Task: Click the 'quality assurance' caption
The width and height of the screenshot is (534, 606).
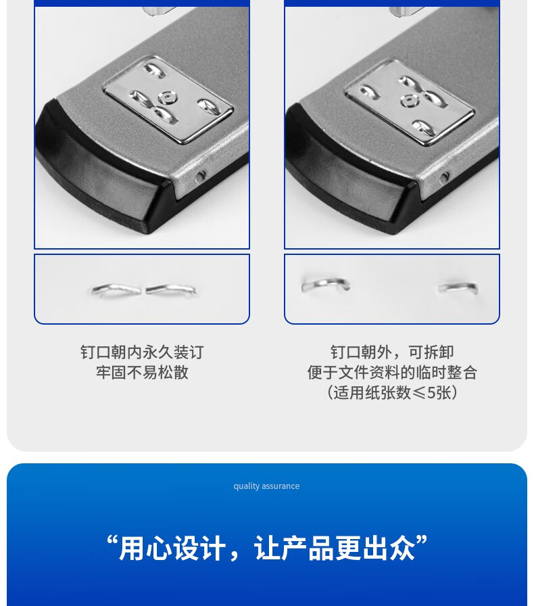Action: point(266,486)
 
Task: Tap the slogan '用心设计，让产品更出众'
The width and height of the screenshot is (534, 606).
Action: point(267,548)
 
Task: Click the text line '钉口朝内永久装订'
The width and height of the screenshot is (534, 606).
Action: point(142,352)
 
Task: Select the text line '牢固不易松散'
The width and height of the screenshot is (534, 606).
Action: point(142,372)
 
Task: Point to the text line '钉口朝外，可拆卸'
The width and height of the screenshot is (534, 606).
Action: point(392,352)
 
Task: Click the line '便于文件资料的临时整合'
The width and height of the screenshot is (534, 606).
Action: point(392,372)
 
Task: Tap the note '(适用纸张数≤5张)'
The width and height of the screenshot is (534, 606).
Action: point(392,392)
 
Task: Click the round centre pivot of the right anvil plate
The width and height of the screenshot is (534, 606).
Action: point(409,100)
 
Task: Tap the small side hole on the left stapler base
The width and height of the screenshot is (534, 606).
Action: point(199,177)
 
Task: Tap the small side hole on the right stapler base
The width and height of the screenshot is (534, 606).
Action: point(444,177)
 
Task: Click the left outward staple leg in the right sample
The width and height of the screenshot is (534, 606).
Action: point(326,285)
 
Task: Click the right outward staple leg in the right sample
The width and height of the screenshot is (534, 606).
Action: point(458,287)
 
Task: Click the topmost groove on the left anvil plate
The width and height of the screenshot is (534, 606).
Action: point(155,70)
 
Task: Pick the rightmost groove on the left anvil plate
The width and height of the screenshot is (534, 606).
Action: point(209,106)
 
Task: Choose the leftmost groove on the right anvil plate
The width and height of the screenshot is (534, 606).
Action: point(368,92)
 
